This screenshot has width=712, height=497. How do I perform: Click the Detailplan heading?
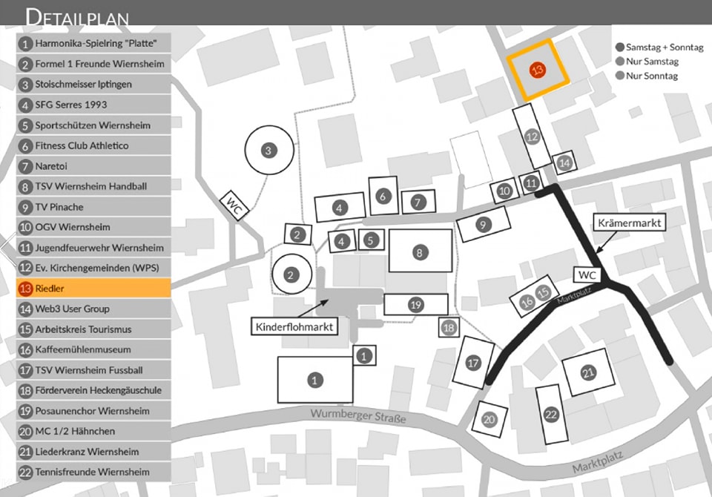[77, 16]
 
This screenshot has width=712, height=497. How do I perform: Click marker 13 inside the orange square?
[538, 69]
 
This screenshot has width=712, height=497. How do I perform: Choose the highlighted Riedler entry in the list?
[93, 288]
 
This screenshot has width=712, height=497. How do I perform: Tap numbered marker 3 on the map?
[268, 151]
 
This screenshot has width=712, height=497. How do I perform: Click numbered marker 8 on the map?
[420, 253]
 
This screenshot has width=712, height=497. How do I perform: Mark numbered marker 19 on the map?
[415, 304]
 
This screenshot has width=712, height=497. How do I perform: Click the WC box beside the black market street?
[587, 274]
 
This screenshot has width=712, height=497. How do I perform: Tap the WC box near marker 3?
[234, 203]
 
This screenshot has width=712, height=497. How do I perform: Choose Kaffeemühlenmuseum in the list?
[93, 349]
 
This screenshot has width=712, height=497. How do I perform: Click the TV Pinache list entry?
[93, 207]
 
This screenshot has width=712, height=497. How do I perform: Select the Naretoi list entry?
[93, 166]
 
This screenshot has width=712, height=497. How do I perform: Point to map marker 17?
[473, 363]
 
